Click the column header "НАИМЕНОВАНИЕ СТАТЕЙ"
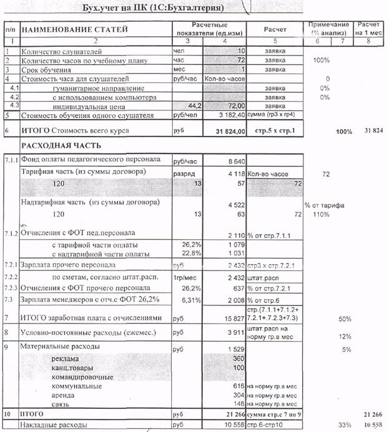coord(74,29)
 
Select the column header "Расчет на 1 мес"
coord(367,29)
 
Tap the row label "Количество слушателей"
coord(61,52)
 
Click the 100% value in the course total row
coord(343,132)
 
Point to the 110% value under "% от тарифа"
coord(320,214)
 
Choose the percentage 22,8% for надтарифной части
coord(182,253)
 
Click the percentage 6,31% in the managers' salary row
coord(182,299)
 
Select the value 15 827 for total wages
coord(230,319)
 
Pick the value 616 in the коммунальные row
coord(239,386)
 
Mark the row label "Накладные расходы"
coord(57,425)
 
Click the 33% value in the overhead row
coord(342,425)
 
